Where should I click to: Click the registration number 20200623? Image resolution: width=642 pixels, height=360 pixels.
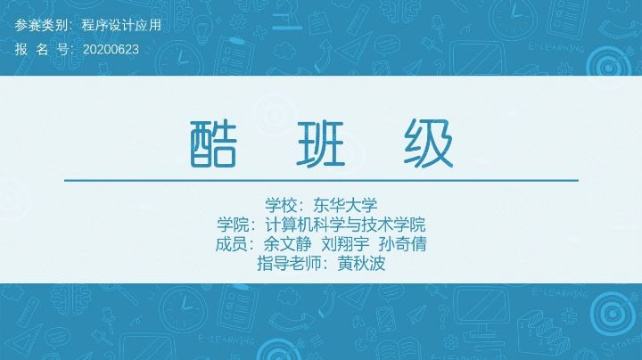click(111, 49)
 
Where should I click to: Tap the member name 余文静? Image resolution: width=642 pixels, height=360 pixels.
click(284, 243)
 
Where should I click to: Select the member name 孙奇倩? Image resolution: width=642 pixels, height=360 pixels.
click(402, 243)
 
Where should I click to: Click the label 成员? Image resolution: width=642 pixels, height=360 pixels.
click(232, 243)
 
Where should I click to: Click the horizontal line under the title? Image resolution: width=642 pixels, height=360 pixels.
click(321, 181)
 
